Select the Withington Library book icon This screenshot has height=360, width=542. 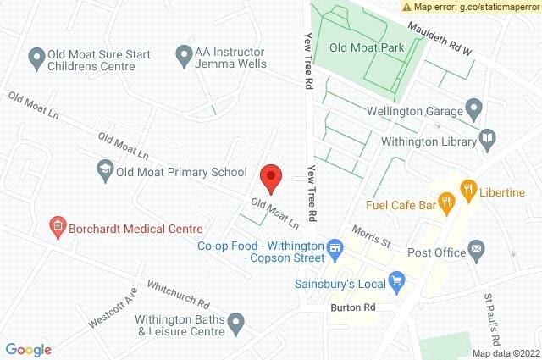488,138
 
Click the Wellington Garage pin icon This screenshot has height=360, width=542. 474,109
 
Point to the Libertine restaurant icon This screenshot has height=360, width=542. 466,189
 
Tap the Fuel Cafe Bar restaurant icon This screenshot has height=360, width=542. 448,202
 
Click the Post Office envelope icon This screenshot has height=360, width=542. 476,249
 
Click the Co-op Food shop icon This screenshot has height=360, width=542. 336,246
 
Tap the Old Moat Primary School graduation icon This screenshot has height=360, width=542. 104,169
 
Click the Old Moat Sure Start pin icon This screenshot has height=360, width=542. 36,58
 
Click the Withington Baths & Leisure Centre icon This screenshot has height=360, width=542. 238,322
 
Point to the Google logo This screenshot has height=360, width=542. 28,349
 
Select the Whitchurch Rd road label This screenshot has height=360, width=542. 177,293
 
